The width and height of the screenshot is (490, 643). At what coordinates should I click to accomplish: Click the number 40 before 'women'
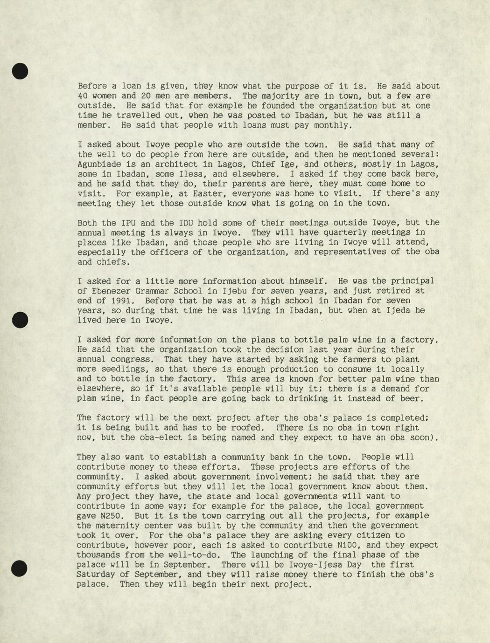pos(82,96)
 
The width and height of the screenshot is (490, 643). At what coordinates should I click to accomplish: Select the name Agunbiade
pos(99,164)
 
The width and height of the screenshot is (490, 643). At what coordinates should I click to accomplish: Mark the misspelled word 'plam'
pos(87,398)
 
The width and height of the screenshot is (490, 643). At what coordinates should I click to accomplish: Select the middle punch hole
pos(20,320)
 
